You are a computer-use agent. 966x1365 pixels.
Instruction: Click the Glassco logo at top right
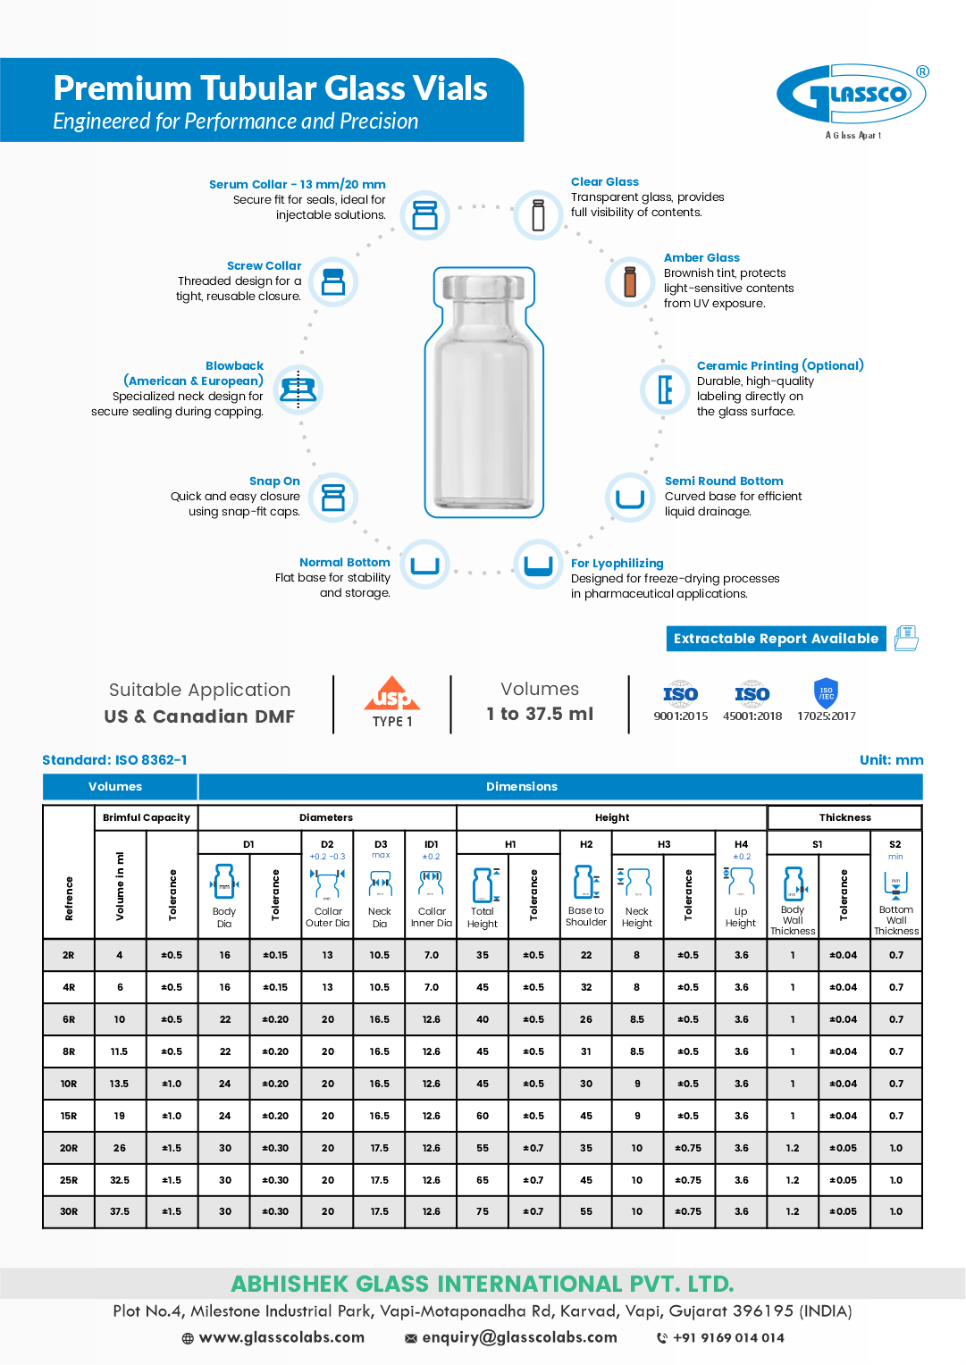click(x=852, y=95)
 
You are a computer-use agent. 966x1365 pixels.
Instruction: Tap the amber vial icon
click(x=630, y=281)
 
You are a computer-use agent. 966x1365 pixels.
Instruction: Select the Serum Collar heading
click(x=297, y=184)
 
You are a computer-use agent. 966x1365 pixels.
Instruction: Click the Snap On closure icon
click(x=333, y=498)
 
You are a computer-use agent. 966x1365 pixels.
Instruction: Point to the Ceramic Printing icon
click(x=664, y=389)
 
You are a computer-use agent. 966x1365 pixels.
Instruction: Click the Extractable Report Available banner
click(x=776, y=639)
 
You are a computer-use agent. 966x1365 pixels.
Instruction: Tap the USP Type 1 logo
click(x=392, y=703)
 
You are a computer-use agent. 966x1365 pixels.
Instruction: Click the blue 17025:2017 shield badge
click(x=826, y=693)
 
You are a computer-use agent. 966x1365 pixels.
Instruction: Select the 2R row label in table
click(x=69, y=955)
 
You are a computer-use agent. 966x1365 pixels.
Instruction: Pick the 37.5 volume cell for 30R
click(x=120, y=1211)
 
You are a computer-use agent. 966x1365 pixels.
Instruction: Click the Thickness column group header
click(x=844, y=817)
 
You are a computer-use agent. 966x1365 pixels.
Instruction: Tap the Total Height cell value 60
click(x=483, y=1116)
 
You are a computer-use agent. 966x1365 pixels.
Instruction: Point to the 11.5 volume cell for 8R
click(x=120, y=1051)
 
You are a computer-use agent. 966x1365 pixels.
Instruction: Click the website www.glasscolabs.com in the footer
click(x=281, y=1337)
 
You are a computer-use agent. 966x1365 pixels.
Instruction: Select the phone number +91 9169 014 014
click(x=728, y=1337)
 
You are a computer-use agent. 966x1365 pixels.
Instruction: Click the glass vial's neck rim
click(x=483, y=288)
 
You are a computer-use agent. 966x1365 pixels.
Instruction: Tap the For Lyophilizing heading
click(x=617, y=563)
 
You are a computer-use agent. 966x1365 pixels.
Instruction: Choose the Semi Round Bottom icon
click(x=630, y=498)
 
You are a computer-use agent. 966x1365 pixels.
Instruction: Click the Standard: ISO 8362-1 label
click(x=114, y=760)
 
